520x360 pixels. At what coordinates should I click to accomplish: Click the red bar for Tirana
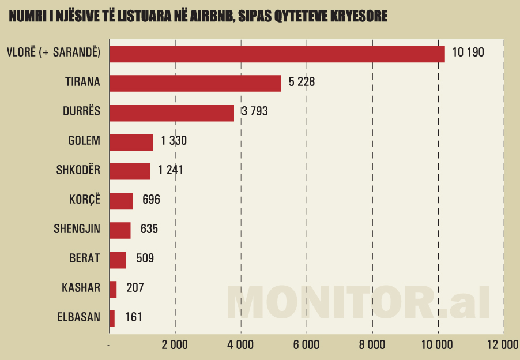[195, 83]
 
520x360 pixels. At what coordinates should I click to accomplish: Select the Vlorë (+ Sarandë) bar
[277, 54]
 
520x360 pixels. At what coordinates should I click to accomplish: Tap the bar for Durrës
[171, 112]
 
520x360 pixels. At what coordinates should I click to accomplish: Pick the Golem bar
[131, 142]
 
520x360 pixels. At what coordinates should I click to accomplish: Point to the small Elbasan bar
[112, 318]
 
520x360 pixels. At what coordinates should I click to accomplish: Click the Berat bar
[118, 260]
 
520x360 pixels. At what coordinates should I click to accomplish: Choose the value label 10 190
[468, 52]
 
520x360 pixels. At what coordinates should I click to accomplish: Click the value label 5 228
[302, 82]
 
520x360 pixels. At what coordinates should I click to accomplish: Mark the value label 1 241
[171, 171]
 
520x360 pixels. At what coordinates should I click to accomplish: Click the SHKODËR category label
[78, 171]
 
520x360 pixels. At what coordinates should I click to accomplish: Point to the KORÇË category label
[85, 200]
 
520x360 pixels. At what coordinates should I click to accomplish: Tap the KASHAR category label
[81, 287]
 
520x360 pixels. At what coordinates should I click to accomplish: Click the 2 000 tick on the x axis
[175, 345]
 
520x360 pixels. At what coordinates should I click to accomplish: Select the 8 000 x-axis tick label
[372, 345]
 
